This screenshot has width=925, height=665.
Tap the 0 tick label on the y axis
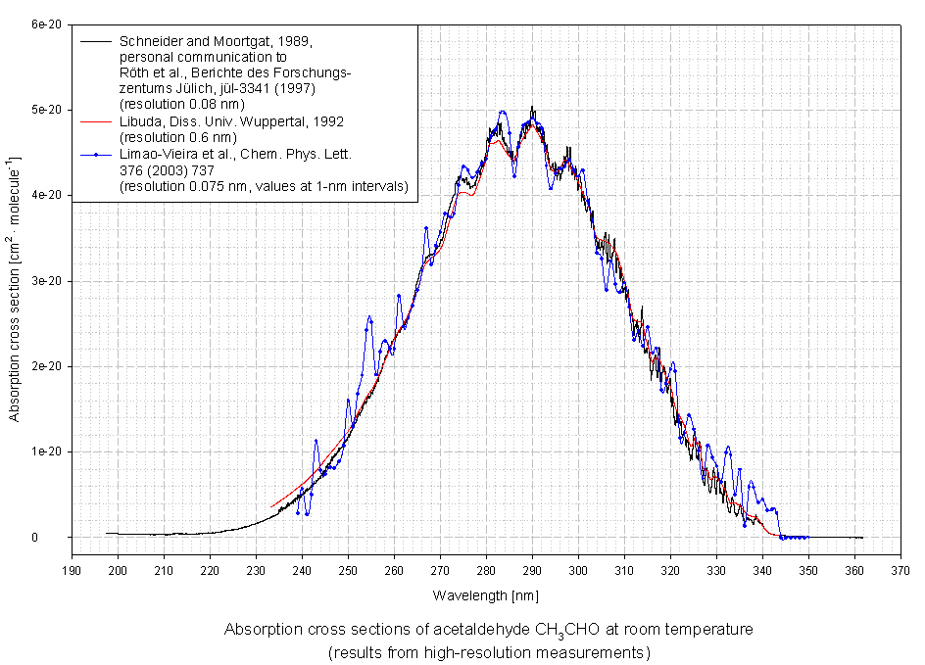(x=61, y=538)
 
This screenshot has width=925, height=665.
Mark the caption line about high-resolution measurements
(x=489, y=651)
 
